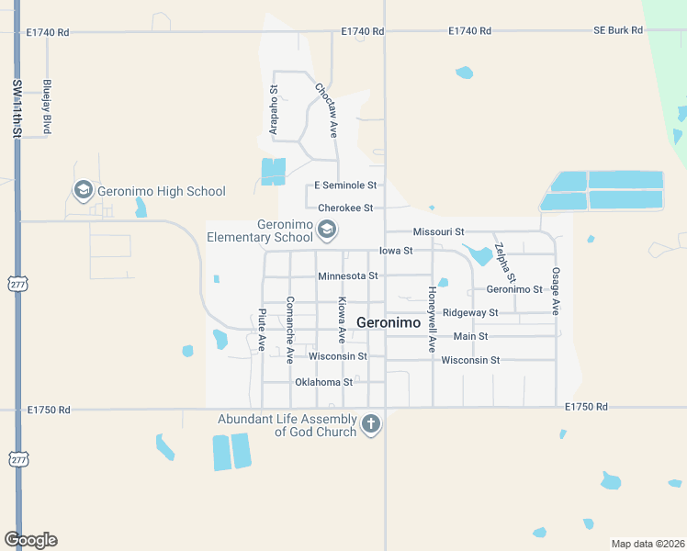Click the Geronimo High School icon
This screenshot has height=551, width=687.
point(83,190)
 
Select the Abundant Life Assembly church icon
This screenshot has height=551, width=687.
point(370,423)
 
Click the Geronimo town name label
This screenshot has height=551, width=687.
point(388,322)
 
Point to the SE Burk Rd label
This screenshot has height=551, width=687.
point(617,31)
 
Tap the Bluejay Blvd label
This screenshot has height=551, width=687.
point(46,107)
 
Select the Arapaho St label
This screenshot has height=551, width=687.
point(274,111)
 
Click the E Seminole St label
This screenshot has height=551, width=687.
point(345,186)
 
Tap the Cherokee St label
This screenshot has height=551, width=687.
point(345,208)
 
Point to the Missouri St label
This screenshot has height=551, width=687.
point(439,232)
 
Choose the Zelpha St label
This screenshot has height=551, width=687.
point(504,262)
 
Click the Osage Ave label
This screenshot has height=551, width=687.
point(556,291)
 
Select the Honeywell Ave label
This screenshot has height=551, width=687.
point(431,320)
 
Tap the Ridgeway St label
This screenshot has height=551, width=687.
point(470,312)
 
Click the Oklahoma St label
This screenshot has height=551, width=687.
point(323,382)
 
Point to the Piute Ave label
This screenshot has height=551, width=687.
point(262,330)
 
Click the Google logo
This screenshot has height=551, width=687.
point(30,540)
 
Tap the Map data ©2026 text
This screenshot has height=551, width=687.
point(647,544)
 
